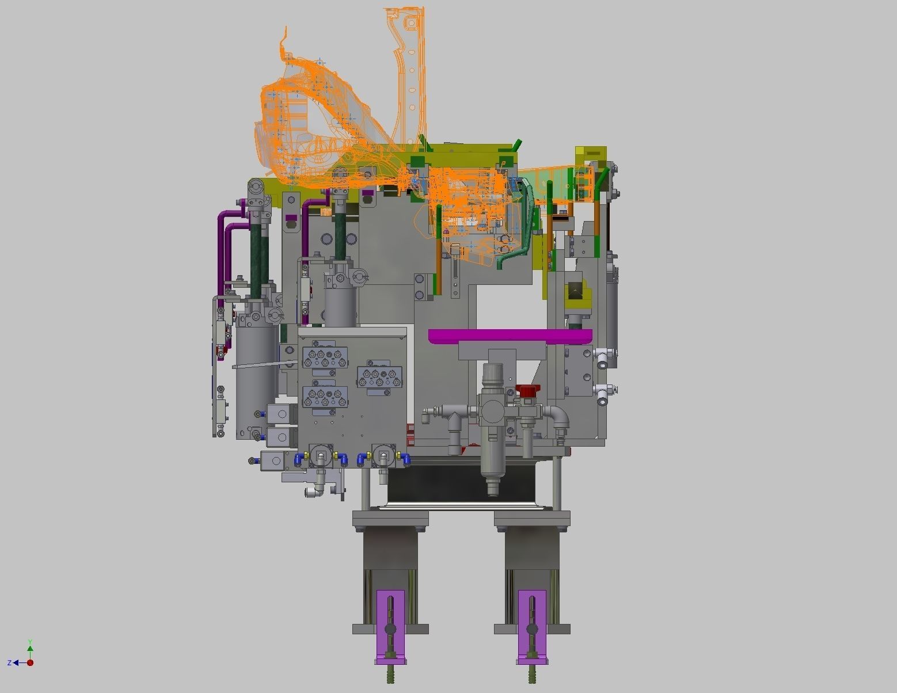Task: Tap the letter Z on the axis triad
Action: coord(9,663)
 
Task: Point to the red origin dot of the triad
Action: coord(30,662)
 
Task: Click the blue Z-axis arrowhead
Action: coord(17,663)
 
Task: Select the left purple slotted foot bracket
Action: coord(390,625)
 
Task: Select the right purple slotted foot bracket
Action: coord(532,625)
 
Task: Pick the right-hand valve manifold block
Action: coord(381,378)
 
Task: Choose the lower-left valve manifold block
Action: coord(326,397)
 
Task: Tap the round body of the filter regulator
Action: coord(492,409)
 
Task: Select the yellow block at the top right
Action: coord(590,155)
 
